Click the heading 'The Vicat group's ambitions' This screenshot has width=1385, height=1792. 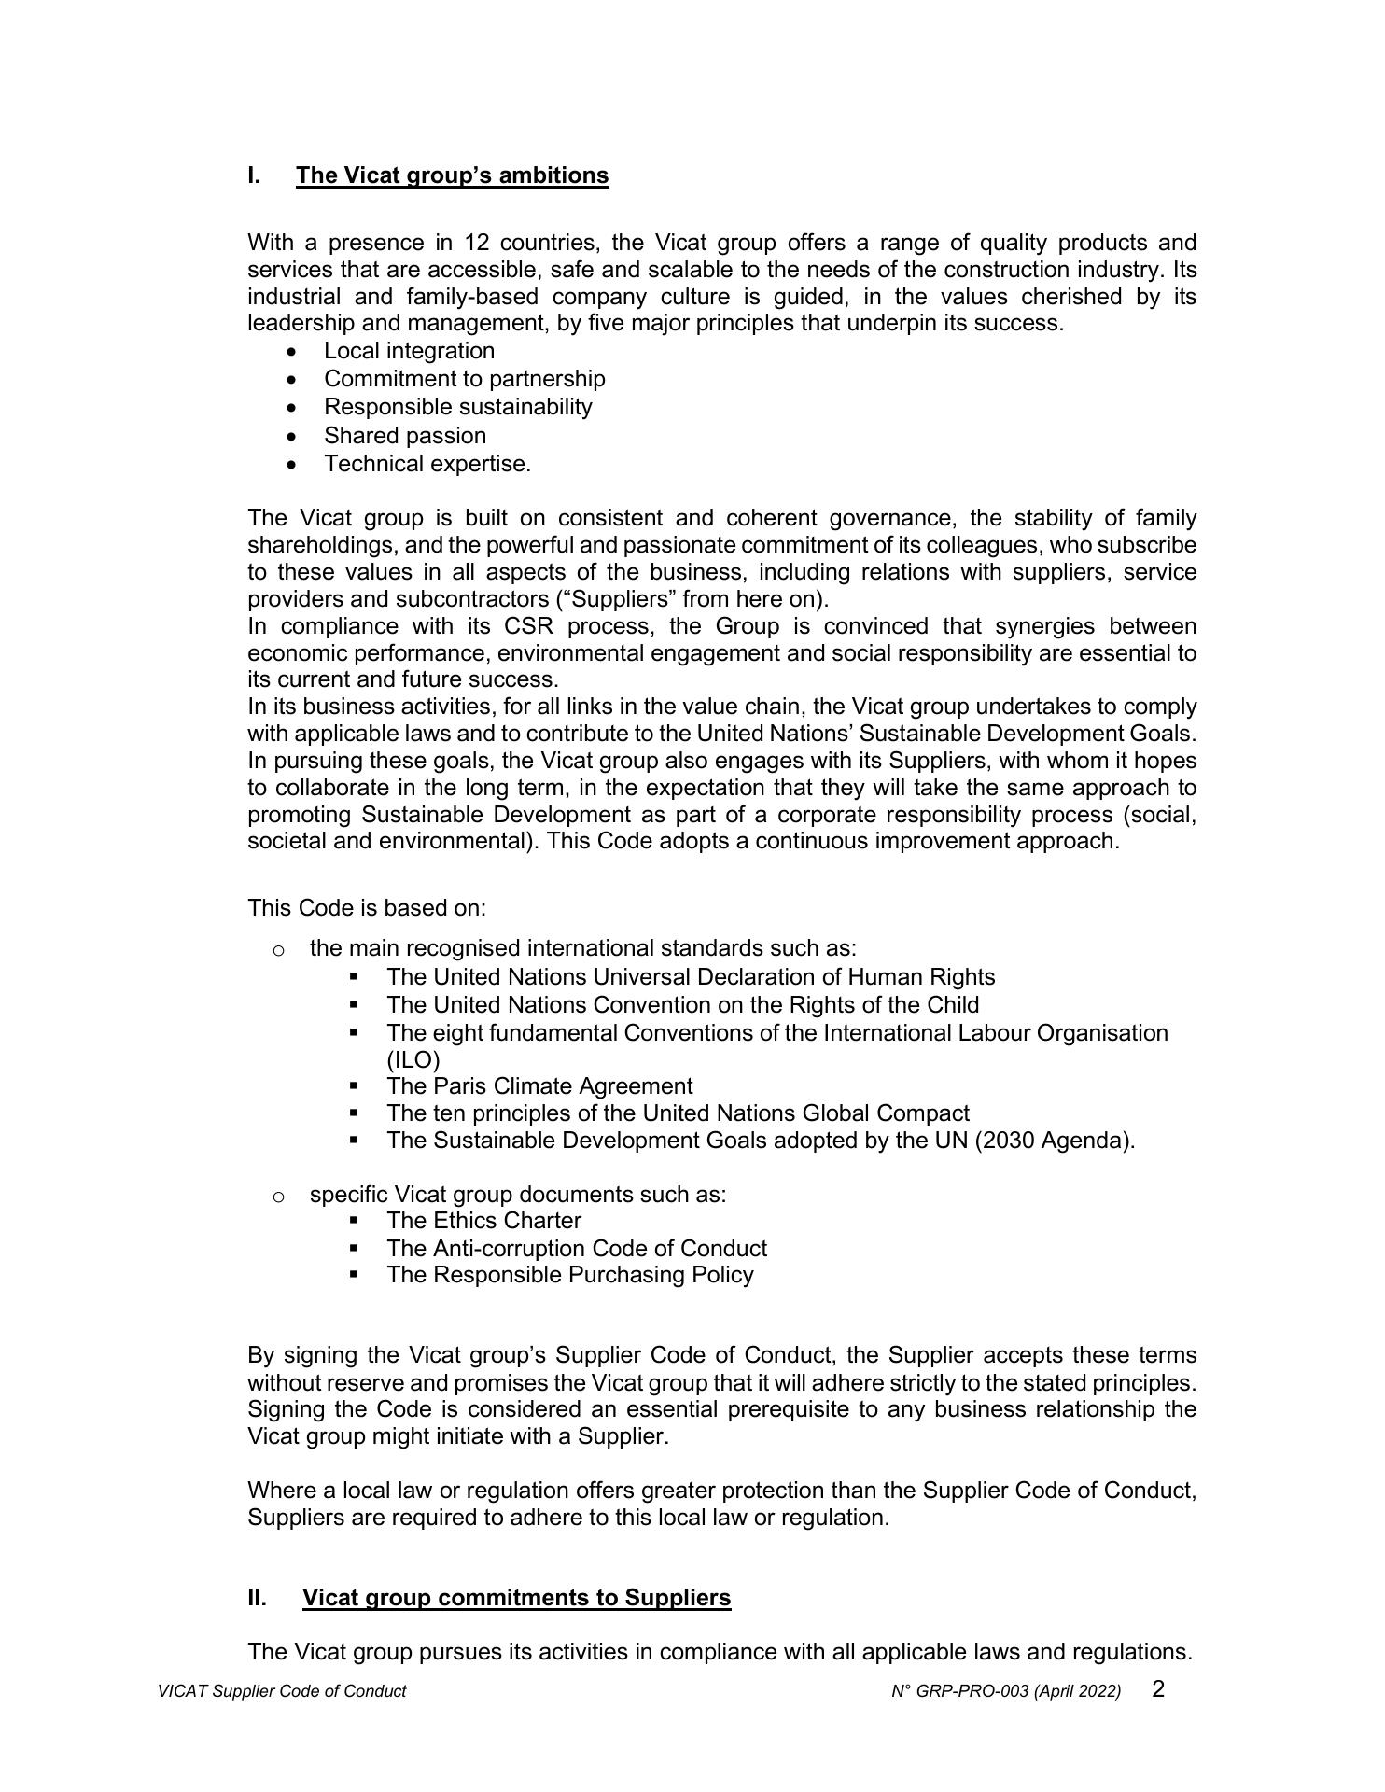(x=452, y=175)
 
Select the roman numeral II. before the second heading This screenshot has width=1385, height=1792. (x=257, y=1597)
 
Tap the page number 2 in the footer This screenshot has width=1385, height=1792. (x=1158, y=1688)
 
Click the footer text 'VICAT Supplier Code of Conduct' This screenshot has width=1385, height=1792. (x=282, y=1691)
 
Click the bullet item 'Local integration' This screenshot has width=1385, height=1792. (x=409, y=351)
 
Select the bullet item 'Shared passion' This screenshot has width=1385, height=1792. (x=404, y=436)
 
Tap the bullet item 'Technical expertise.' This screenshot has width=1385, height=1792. (x=427, y=464)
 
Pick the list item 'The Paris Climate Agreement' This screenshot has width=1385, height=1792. (x=539, y=1086)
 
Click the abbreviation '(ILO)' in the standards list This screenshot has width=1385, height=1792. (x=413, y=1060)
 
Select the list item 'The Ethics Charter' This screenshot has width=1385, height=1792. (x=483, y=1221)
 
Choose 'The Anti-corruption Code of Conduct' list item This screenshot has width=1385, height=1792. (x=576, y=1249)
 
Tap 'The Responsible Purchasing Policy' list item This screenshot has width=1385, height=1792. (x=569, y=1275)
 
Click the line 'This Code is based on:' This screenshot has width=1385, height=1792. (x=367, y=908)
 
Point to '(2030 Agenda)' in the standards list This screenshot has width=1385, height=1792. (x=1055, y=1141)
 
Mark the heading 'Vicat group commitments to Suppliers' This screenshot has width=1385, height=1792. (x=516, y=1597)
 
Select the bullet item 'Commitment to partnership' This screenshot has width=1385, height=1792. (x=464, y=379)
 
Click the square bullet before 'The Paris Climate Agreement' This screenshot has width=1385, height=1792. (x=354, y=1086)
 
